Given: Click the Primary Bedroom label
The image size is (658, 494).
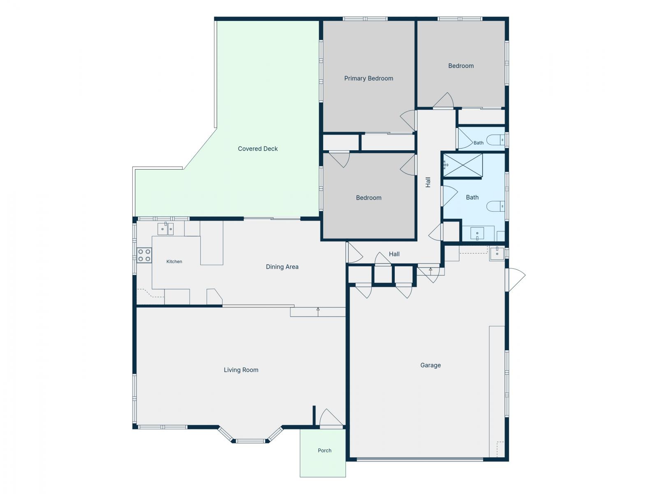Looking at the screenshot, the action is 368,78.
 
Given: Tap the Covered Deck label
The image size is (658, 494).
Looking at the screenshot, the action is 258,149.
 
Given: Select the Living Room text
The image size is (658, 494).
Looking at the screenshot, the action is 241,370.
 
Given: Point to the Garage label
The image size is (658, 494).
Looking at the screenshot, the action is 431,365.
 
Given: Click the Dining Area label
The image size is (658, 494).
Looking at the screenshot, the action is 282,267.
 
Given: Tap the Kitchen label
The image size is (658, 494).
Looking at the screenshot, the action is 174,261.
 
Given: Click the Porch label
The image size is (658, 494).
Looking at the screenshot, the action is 324,450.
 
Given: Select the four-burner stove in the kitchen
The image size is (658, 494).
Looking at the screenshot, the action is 144,255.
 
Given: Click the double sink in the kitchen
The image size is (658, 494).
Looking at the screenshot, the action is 165,229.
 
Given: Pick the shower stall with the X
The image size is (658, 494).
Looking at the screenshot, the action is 463,165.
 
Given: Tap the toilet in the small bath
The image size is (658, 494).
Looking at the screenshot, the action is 496,140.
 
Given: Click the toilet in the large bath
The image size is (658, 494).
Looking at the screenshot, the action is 496,206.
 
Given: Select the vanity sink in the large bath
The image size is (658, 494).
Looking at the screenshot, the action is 477,234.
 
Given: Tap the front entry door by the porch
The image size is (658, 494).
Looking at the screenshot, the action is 331,418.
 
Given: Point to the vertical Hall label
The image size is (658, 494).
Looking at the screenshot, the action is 428,182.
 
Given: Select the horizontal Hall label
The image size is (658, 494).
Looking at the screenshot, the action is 394,254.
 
